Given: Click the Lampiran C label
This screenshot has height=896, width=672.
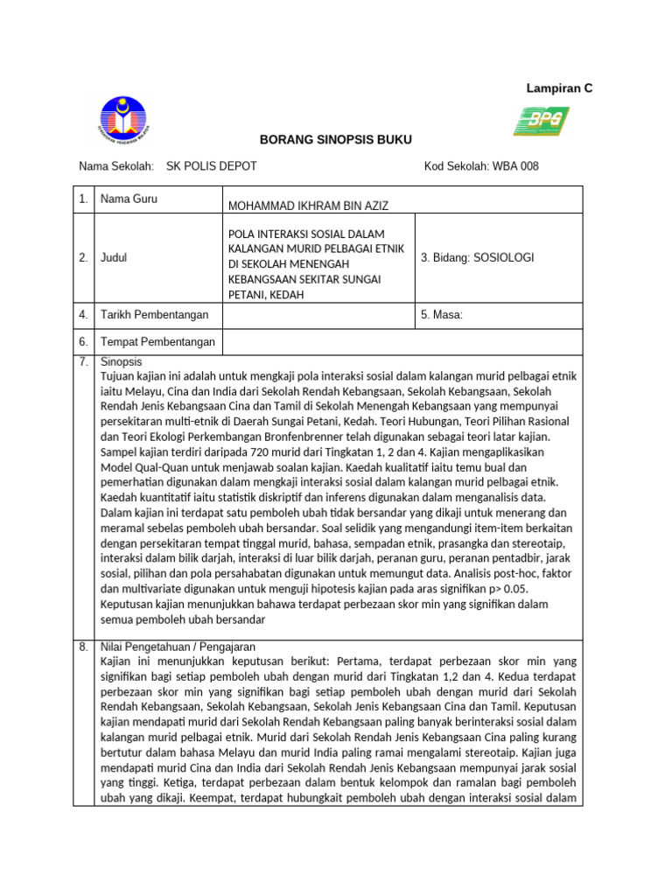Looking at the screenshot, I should pyautogui.click(x=558, y=88).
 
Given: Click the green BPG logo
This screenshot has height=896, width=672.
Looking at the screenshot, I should pyautogui.click(x=540, y=121).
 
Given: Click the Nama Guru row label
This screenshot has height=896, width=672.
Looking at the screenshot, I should pyautogui.click(x=129, y=199).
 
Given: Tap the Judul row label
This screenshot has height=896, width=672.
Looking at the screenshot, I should pyautogui.click(x=115, y=258).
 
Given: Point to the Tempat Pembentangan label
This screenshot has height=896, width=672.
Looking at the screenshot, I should pyautogui.click(x=157, y=342).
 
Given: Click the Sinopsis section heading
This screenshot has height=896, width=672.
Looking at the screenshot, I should pyautogui.click(x=121, y=361).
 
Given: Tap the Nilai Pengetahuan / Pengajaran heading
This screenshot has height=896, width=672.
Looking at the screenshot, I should pyautogui.click(x=171, y=647).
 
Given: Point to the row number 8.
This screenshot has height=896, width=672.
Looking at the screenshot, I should pyautogui.click(x=83, y=647).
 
